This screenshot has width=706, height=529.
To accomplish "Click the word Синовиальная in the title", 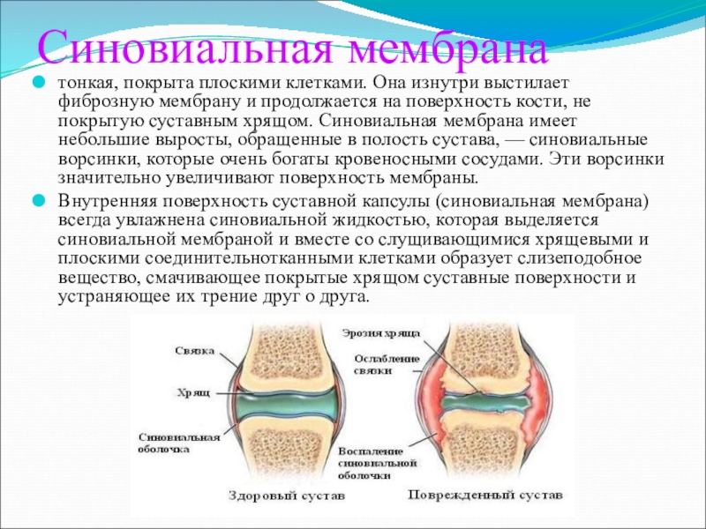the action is coord(185,48).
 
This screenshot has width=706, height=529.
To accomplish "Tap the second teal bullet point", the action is coord(40,201).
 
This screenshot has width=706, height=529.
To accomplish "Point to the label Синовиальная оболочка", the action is coord(179,443).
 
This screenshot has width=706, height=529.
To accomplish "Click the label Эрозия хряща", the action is coord(381,333).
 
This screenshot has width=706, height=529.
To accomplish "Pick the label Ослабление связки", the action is coord(387,365).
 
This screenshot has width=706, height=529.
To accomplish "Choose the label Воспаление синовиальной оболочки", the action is coord(378,464).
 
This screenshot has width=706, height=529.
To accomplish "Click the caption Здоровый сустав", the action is coord(287,495).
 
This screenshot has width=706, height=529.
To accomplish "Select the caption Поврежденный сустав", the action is coord(484,495).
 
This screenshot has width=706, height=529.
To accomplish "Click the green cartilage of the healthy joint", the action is coord(286,403).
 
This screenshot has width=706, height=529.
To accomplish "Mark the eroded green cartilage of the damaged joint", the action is coord(484,403).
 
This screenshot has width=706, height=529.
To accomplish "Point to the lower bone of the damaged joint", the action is coord(486,445).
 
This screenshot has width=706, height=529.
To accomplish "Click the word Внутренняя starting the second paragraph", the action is coord(107,202).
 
